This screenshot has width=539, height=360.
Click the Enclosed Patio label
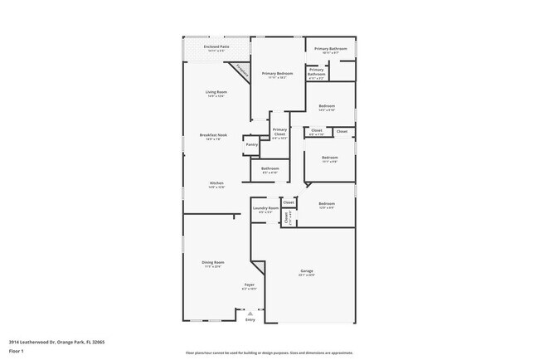coord(216,47)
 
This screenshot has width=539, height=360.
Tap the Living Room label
coord(216,91)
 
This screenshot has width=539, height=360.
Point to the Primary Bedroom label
coord(274,74)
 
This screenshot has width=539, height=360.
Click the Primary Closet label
coord(279,130)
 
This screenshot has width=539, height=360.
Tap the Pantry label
coord(252,144)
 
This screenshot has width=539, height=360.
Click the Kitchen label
coord(216,182)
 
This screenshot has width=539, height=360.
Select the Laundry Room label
coord(266,208)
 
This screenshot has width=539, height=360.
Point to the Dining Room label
coord(213,262)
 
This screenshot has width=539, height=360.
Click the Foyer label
coord(249,285)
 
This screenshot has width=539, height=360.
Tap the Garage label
coord(307,271)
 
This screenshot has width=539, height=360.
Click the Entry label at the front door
coord(249,318)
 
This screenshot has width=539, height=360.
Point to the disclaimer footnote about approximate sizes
coord(269,352)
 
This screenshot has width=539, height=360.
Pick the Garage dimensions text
coord(307,275)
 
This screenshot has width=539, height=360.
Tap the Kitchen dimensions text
coord(216,187)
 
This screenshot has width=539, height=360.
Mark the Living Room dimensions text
coord(216,96)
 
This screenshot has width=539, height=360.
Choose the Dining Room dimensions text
coord(213,267)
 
